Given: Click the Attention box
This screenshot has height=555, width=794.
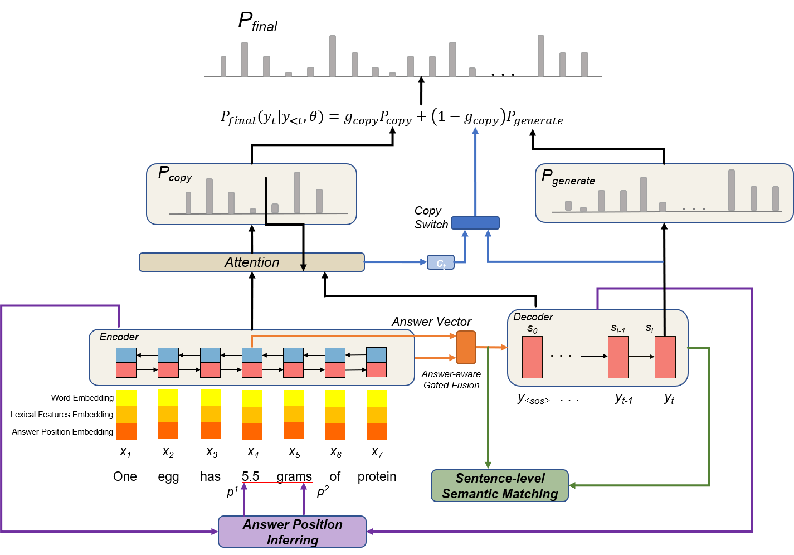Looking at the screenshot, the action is pyautogui.click(x=252, y=262).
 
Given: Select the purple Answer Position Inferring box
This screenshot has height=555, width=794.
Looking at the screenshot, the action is pyautogui.click(x=292, y=532).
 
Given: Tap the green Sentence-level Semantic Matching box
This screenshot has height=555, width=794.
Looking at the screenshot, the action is pyautogui.click(x=500, y=485).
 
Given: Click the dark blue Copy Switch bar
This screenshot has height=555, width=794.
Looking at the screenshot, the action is pyautogui.click(x=475, y=223).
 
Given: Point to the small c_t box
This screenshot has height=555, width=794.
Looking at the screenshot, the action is pyautogui.click(x=441, y=262).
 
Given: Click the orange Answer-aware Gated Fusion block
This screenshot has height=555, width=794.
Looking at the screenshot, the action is pyautogui.click(x=466, y=347).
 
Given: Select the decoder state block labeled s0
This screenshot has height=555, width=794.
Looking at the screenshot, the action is pyautogui.click(x=532, y=357).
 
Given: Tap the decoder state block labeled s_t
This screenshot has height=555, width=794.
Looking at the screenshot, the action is pyautogui.click(x=665, y=357).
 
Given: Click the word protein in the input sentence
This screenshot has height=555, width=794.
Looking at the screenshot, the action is pyautogui.click(x=377, y=476).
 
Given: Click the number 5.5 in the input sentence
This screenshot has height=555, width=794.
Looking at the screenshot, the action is pyautogui.click(x=250, y=476).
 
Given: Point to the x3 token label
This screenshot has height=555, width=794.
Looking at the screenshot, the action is pyautogui.click(x=212, y=452).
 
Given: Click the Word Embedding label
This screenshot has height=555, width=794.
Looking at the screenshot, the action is pyautogui.click(x=82, y=398).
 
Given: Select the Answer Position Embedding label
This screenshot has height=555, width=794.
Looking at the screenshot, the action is pyautogui.click(x=62, y=432).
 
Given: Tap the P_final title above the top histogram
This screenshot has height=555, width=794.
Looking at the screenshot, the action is pyautogui.click(x=257, y=22).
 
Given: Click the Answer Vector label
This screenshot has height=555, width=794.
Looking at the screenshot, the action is pyautogui.click(x=431, y=322).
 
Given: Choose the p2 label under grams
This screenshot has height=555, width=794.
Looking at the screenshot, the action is pyautogui.click(x=323, y=491).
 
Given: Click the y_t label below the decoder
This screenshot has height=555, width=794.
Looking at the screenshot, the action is pyautogui.click(x=669, y=399).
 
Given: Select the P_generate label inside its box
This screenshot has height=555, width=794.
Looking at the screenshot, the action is pyautogui.click(x=568, y=178).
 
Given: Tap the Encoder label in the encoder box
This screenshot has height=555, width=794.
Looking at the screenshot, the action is pyautogui.click(x=119, y=337).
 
